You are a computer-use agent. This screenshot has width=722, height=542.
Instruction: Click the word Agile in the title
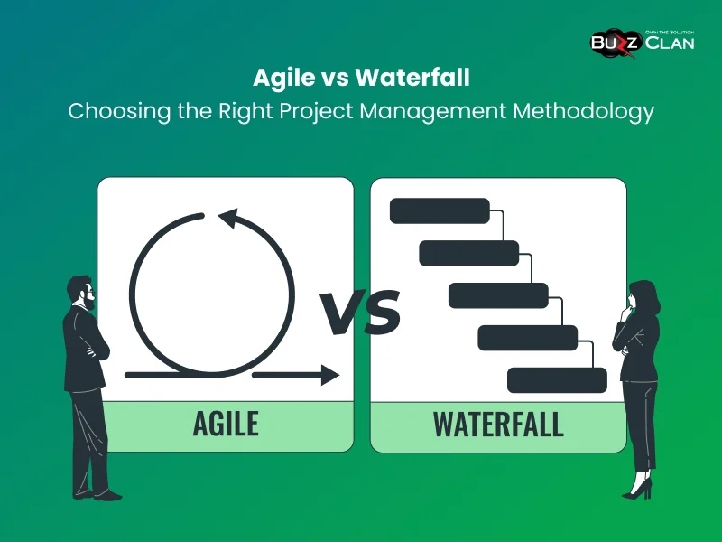click(282, 78)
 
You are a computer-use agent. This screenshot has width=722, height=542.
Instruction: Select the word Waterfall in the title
click(412, 78)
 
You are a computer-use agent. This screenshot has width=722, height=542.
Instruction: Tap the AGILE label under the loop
click(226, 423)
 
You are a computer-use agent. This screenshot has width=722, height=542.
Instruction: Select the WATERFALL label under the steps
click(498, 423)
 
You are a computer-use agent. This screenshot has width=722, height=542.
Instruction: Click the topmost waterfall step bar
click(440, 210)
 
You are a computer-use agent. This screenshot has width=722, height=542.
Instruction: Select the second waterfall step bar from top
click(469, 253)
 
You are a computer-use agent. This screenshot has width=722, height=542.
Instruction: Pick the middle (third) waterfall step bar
click(498, 295)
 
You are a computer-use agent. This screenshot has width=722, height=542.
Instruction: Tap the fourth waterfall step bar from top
click(527, 338)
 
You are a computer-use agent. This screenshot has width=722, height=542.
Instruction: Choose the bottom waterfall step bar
click(557, 380)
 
